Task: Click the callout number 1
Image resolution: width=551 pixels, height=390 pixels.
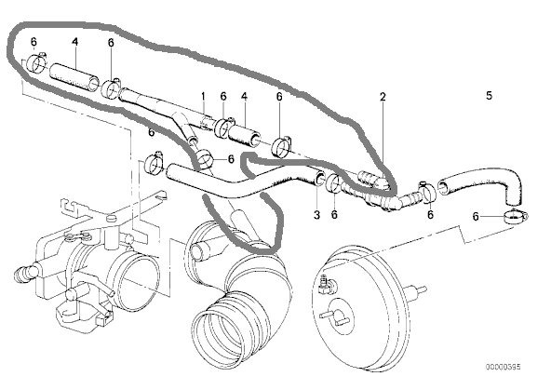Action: pos(203,96)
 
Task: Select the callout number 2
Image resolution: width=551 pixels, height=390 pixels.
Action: pos(383,96)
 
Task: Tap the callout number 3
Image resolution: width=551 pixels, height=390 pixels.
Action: pos(316,214)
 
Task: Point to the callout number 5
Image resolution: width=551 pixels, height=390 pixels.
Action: pos(490,95)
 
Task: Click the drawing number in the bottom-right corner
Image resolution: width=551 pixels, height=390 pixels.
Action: pos(504,367)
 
